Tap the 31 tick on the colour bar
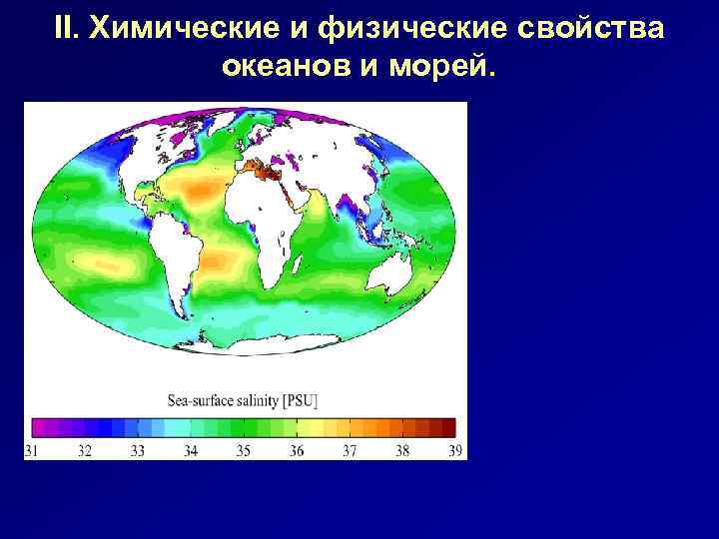click(x=32, y=450)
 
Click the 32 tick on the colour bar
click(x=85, y=450)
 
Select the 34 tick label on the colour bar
click(x=191, y=450)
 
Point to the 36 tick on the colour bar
click(x=297, y=450)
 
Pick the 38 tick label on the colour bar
click(x=402, y=450)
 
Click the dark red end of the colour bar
click(x=448, y=427)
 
